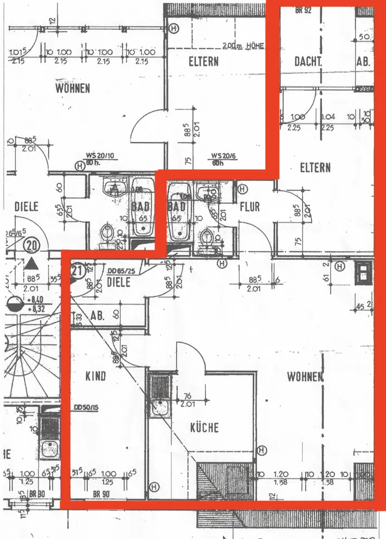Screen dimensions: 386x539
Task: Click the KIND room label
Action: [x=95, y=376]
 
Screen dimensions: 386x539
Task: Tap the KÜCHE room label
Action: [x=204, y=427]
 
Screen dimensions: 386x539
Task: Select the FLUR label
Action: [x=250, y=207]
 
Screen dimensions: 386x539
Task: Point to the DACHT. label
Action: [x=308, y=62]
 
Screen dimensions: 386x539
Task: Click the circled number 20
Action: [x=33, y=246]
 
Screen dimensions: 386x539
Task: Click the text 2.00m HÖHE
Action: [x=242, y=46]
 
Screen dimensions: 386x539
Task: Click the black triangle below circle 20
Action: [x=33, y=264]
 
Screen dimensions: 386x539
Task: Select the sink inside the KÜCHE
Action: [x=160, y=407]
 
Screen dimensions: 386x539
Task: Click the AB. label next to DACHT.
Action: [x=363, y=62]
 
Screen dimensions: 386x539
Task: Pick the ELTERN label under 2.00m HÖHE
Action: [x=203, y=61]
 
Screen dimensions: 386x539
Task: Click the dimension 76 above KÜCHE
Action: [x=188, y=395]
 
